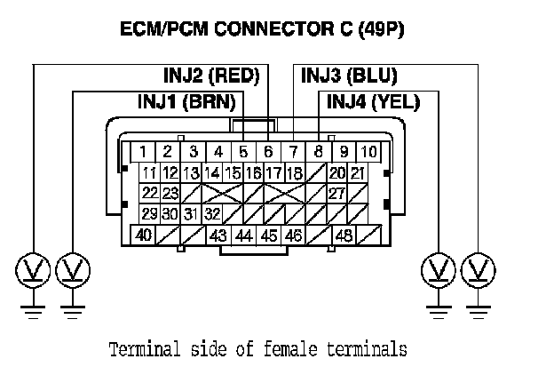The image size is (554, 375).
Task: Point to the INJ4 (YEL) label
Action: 373,102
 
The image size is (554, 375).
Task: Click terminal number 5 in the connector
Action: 243,152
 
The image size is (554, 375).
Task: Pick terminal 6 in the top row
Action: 268,152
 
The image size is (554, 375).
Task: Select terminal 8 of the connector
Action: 319,152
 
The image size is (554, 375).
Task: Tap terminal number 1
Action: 142,152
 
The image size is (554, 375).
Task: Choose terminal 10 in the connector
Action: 368,152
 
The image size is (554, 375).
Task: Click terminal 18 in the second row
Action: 295,172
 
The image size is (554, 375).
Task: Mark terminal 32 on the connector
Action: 211,214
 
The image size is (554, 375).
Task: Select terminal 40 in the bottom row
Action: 142,235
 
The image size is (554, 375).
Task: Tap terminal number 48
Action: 344,235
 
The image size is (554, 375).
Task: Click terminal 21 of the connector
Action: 358,172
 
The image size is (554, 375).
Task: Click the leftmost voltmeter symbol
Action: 32,268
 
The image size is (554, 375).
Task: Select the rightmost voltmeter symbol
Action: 479,268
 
